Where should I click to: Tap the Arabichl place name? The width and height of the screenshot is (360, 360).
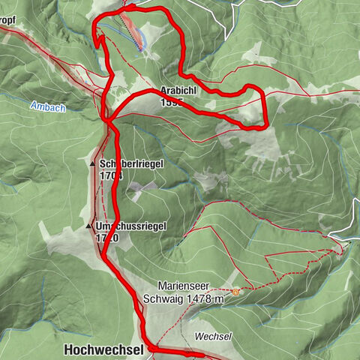[x=178, y=91]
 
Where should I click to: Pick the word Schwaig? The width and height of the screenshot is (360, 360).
[x=163, y=298]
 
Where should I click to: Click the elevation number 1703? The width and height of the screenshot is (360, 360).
[x=109, y=175]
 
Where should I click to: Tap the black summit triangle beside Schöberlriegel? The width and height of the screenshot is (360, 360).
[x=91, y=163]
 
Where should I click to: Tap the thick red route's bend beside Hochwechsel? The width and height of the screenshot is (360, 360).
[x=149, y=348]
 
